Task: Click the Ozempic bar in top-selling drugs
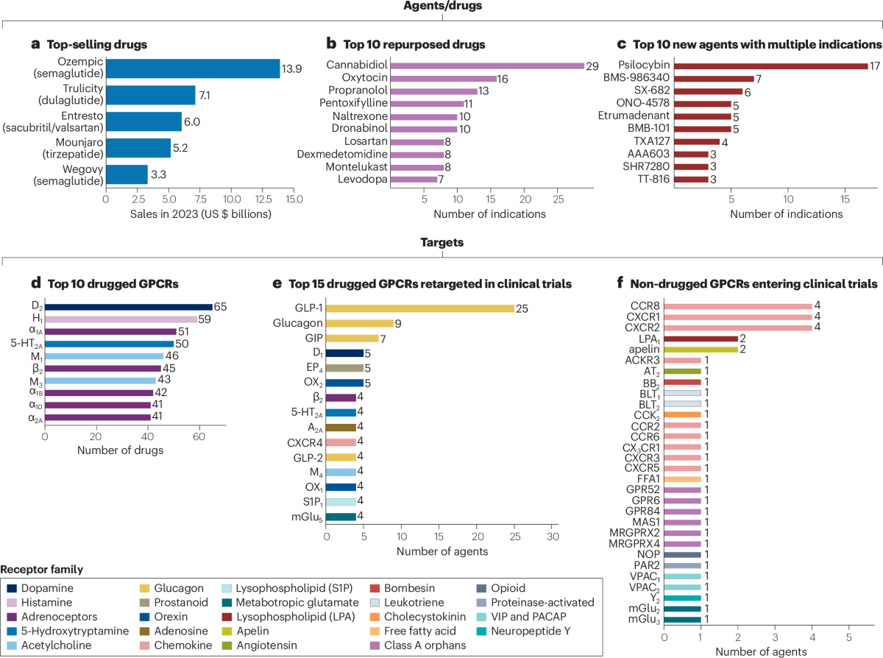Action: (x=193, y=68)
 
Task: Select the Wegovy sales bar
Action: (x=127, y=174)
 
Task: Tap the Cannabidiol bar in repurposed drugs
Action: (x=487, y=66)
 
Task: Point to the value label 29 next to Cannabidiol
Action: (x=592, y=66)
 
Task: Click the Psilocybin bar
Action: (x=770, y=66)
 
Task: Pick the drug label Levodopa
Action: (x=362, y=180)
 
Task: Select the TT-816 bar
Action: (x=691, y=180)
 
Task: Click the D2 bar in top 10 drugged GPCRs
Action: (x=129, y=307)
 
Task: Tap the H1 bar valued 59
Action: (x=121, y=319)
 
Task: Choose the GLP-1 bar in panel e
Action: (x=420, y=308)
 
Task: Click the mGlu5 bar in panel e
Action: (x=341, y=517)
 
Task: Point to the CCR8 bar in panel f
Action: (x=738, y=306)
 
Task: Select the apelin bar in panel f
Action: (x=701, y=350)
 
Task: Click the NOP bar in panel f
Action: (x=682, y=555)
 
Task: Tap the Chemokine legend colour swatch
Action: (x=144, y=645)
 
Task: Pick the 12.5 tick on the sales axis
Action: (x=263, y=199)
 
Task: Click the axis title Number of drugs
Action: (x=120, y=450)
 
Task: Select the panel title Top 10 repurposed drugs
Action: (x=414, y=44)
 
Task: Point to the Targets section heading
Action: (x=442, y=242)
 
